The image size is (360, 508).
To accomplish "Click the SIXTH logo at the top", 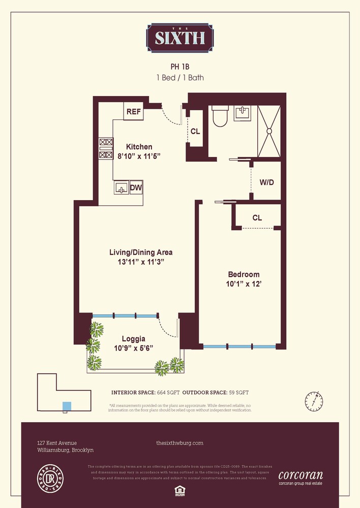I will click(x=180, y=38).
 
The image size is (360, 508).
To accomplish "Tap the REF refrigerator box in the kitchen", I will click(x=133, y=112).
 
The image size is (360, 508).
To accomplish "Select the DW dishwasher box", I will click(x=136, y=188).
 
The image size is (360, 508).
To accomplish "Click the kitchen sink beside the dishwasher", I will click(x=121, y=188).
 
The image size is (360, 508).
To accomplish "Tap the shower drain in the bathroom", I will click(x=269, y=131).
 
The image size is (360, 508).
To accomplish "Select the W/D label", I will click(x=266, y=182).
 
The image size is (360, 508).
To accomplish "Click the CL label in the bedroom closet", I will click(x=257, y=218).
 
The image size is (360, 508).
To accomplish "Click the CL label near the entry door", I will click(x=195, y=131).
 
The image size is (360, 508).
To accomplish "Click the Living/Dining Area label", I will click(x=141, y=252).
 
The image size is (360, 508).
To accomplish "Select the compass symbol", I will click(x=314, y=401).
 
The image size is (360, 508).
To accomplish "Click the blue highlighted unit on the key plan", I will click(x=67, y=406).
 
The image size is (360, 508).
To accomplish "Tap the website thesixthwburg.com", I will click(x=179, y=443).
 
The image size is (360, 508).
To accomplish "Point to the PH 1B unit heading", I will click(x=180, y=67).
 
